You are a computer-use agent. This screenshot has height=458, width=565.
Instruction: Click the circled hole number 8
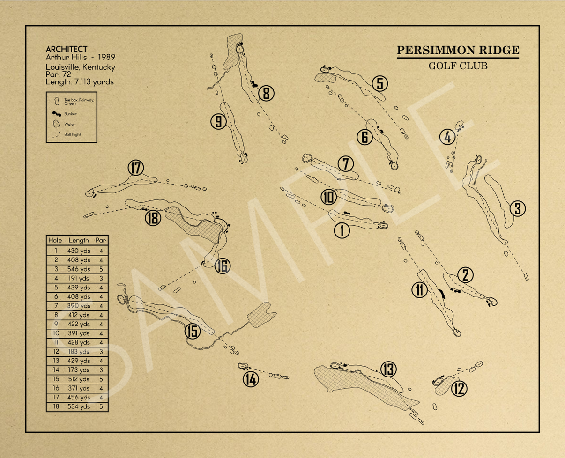click(266, 94)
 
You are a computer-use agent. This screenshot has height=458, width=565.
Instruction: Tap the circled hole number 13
click(388, 369)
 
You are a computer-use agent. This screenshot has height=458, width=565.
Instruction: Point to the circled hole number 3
click(517, 208)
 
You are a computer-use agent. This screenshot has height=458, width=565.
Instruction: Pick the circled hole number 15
click(192, 331)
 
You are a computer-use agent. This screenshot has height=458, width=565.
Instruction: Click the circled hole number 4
click(447, 138)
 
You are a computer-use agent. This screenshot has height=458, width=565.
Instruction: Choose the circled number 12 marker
click(460, 388)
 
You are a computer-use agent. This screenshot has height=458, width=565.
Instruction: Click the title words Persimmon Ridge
click(458, 50)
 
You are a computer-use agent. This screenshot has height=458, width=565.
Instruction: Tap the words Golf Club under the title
click(458, 66)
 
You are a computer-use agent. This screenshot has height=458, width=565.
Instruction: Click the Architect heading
click(66, 49)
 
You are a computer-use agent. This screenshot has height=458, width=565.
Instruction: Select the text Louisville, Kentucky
click(80, 67)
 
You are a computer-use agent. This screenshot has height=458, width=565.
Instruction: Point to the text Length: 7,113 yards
click(80, 82)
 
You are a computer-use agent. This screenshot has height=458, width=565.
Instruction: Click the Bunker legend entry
click(70, 113)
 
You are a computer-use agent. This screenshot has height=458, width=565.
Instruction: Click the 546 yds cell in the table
click(78, 269)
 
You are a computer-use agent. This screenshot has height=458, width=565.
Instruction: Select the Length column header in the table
click(78, 240)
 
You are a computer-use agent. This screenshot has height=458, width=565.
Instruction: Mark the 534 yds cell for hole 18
click(78, 406)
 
